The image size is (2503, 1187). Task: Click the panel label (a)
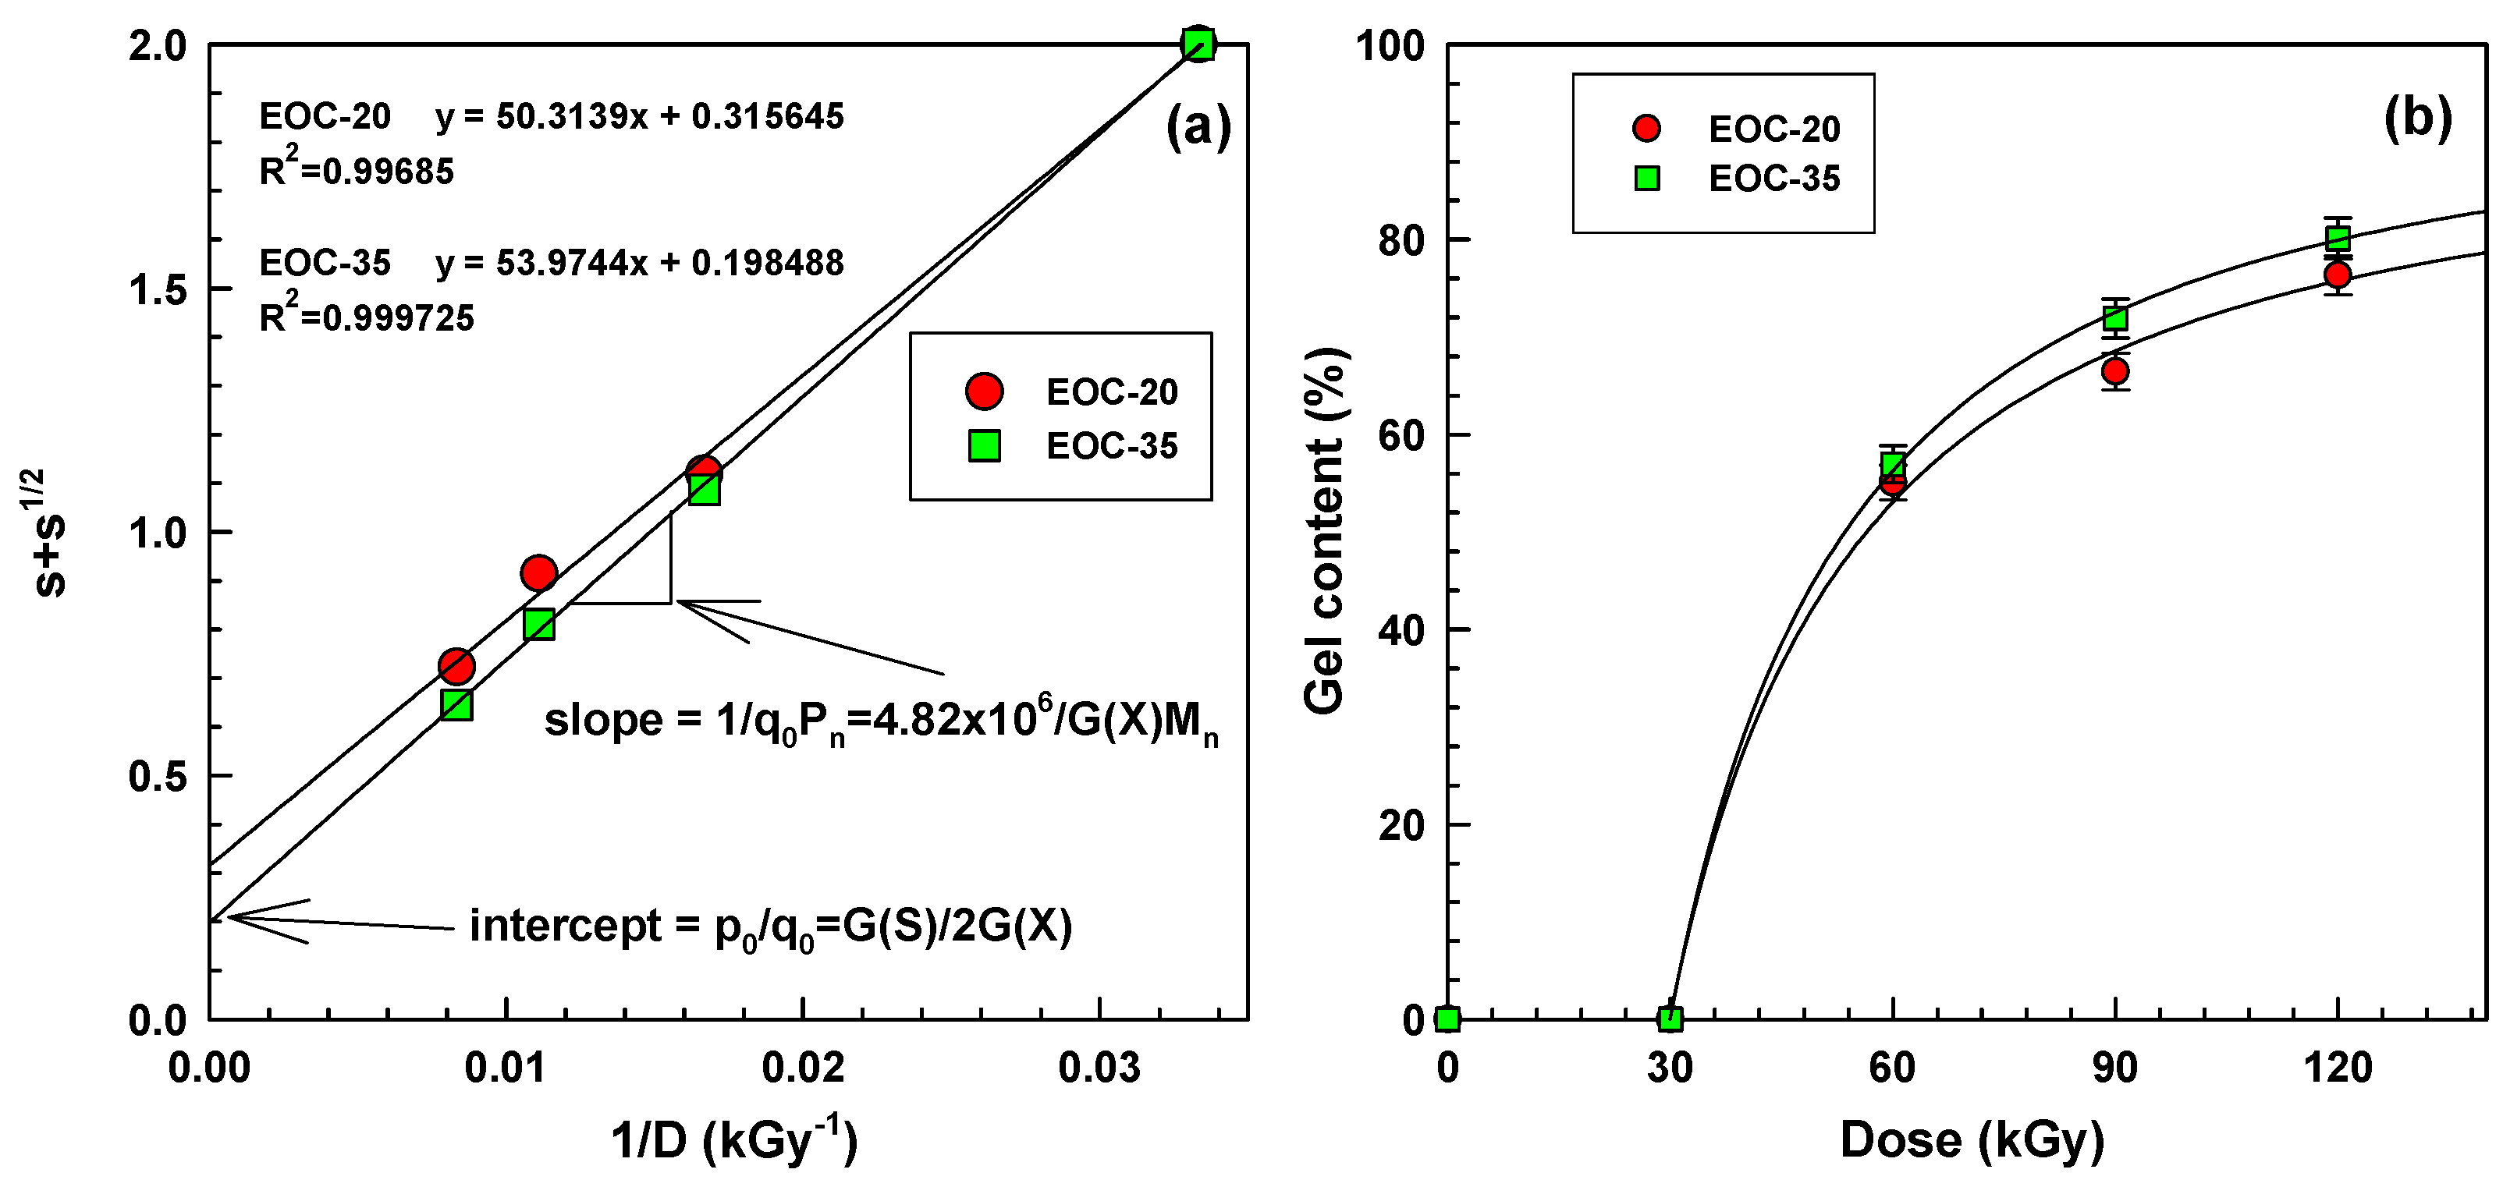tap(1198, 127)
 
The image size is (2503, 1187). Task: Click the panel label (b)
tap(2417, 118)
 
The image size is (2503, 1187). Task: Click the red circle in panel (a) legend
tap(985, 391)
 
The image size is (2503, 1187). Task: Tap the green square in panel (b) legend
tap(1647, 178)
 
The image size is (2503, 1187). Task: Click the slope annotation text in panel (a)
tap(880, 721)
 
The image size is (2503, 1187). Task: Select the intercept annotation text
tap(771, 927)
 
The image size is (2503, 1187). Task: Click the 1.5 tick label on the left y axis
tap(158, 289)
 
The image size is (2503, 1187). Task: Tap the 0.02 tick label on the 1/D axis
tap(803, 1068)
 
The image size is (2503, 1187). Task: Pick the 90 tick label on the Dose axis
tap(2115, 1068)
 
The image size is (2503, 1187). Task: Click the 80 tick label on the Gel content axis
tap(1401, 240)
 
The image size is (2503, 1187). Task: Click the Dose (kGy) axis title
tap(1972, 1139)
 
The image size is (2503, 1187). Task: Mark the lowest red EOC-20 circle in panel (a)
tap(456, 666)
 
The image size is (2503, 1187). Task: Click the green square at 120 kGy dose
tap(2338, 238)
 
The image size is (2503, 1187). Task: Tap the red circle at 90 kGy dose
tap(2115, 371)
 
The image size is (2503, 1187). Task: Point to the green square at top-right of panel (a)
tap(1199, 44)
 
